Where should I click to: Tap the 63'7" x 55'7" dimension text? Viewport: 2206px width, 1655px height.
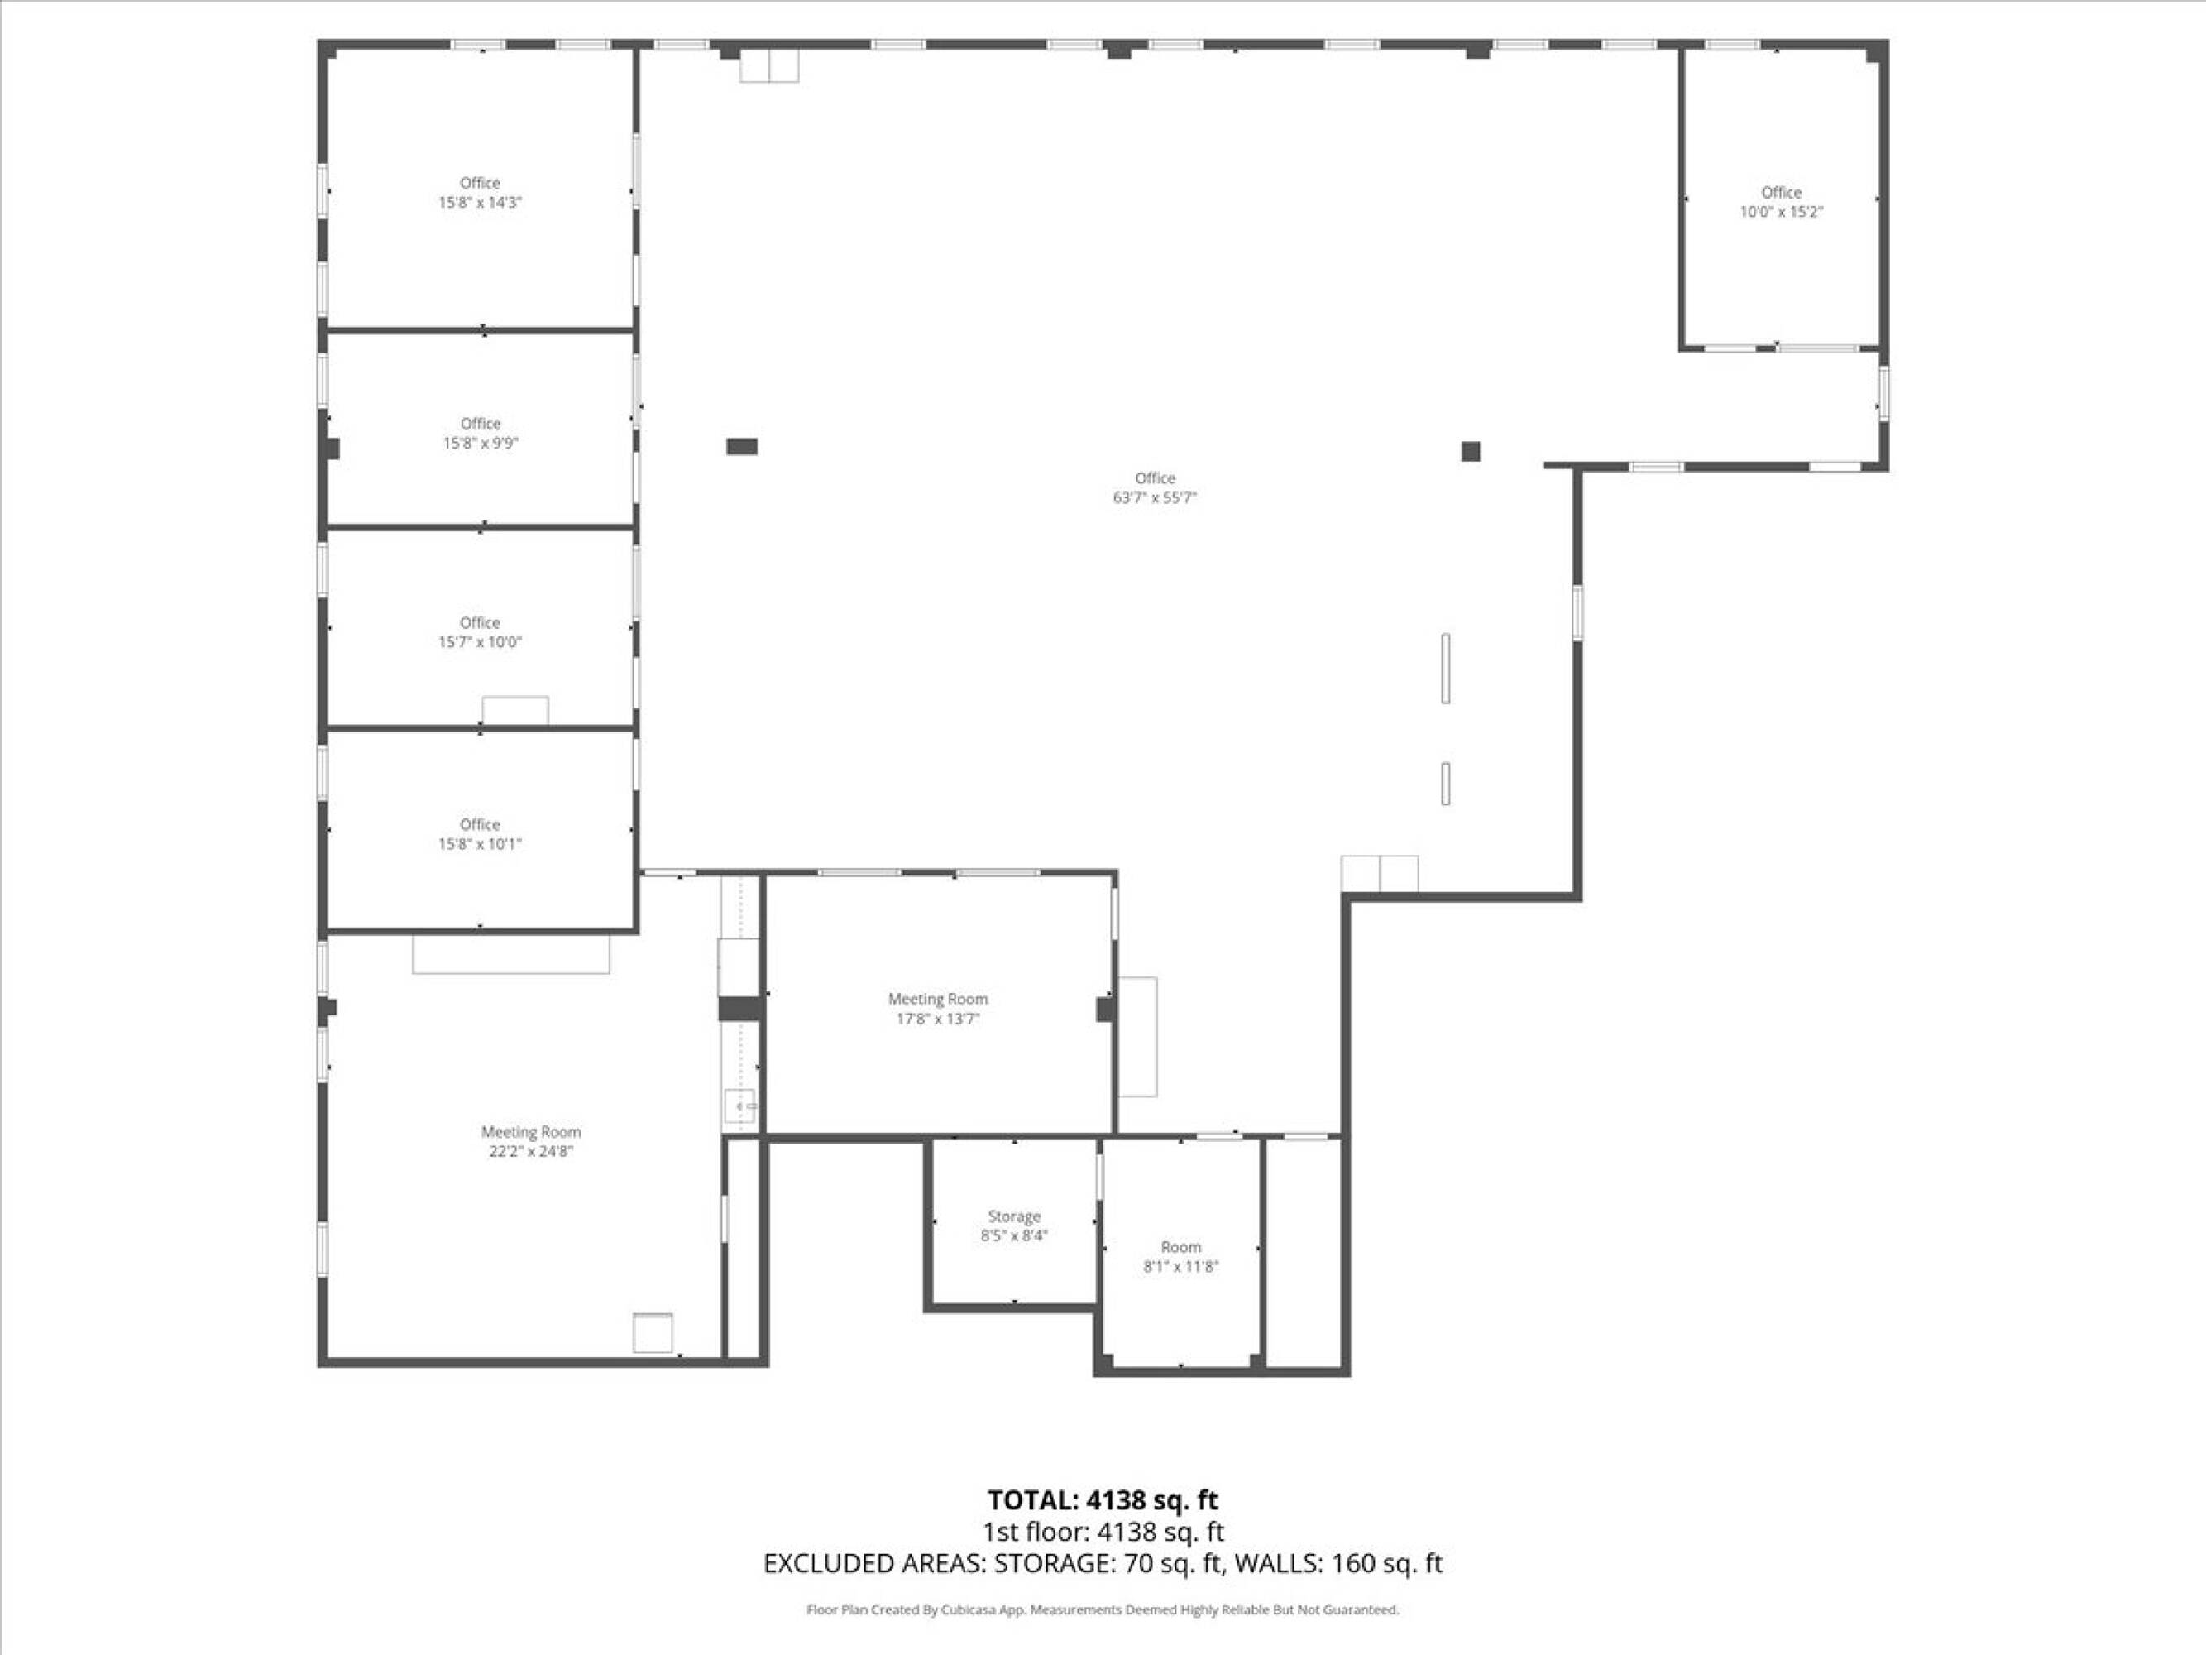tap(1154, 496)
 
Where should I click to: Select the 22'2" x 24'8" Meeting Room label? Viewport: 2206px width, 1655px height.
tap(530, 1141)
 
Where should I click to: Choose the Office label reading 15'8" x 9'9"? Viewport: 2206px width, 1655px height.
tap(480, 433)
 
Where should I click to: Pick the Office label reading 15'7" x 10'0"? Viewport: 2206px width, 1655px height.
tap(480, 632)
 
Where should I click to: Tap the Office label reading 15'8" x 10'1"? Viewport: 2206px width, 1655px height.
tap(480, 834)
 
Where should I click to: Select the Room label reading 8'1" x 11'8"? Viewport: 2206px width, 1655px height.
tap(1181, 1257)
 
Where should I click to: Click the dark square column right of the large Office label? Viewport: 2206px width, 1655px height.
tap(1470, 451)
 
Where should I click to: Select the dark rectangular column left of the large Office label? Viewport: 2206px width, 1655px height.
tap(742, 447)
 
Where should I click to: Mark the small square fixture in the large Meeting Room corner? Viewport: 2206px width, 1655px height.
tap(653, 1333)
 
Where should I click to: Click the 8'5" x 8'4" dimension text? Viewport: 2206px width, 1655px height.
tap(1013, 1235)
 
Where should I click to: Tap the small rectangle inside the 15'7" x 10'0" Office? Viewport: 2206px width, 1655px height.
tap(515, 710)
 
